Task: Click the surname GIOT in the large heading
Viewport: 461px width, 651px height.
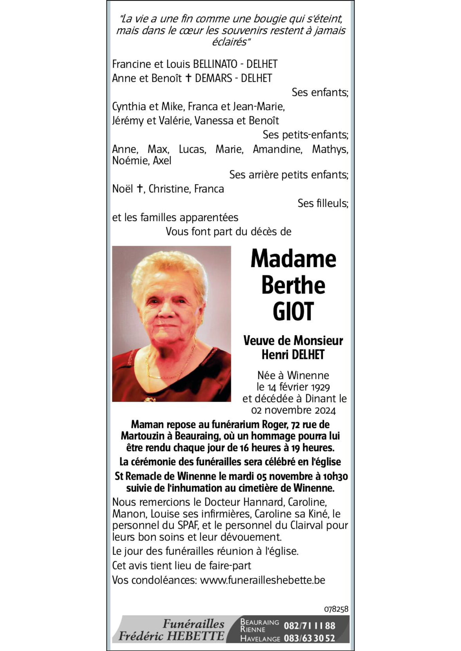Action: point(293,311)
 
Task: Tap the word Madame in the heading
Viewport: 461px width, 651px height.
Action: point(293,259)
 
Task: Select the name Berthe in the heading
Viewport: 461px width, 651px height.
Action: point(293,285)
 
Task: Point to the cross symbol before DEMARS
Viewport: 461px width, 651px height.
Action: point(188,78)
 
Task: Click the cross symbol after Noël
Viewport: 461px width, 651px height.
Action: point(140,188)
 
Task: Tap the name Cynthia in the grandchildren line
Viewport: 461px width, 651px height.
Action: point(129,107)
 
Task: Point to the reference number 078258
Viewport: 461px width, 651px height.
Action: point(336,609)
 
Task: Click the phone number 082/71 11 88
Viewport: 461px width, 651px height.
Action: point(309,626)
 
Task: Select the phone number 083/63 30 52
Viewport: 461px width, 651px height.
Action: point(309,638)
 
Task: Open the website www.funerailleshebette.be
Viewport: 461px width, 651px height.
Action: point(263,580)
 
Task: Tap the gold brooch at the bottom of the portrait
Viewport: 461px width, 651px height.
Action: point(150,399)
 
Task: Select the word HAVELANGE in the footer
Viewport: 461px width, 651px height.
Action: point(260,639)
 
